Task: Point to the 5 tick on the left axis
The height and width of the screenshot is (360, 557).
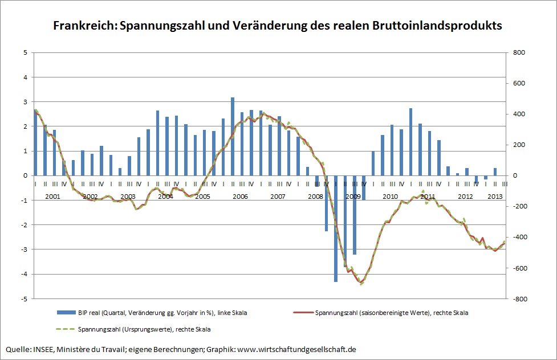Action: [25, 52]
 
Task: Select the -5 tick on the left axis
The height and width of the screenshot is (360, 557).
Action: [24, 298]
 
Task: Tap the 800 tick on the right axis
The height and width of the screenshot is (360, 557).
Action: [520, 52]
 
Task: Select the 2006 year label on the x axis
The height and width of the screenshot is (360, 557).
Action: [240, 197]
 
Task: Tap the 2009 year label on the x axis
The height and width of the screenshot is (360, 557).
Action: [353, 197]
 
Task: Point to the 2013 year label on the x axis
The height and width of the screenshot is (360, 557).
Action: [494, 197]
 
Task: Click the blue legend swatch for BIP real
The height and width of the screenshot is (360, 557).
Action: [66, 312]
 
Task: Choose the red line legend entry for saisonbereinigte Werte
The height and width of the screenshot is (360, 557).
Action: [303, 312]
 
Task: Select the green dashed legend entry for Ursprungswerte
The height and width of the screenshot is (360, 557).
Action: [66, 329]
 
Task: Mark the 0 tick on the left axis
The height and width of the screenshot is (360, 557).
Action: [25, 175]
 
